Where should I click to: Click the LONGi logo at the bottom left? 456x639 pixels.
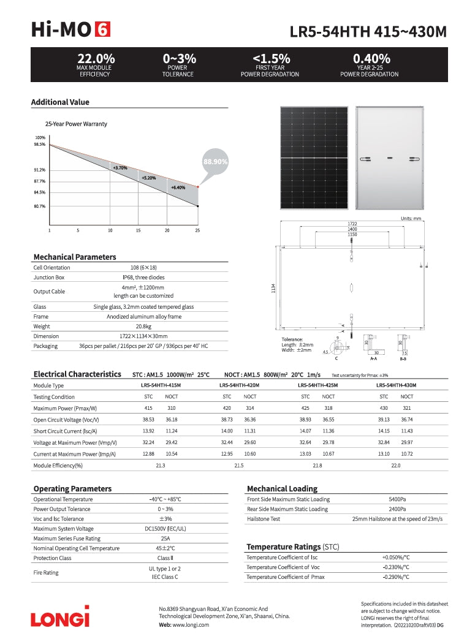pos(60,616)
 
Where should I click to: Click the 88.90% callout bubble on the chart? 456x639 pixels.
pos(215,162)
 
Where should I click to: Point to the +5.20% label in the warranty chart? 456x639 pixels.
pos(148,178)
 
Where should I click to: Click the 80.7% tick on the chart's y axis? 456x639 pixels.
pos(40,206)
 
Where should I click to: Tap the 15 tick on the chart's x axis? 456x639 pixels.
pos(139,230)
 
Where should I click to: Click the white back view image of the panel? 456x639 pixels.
pos(389,157)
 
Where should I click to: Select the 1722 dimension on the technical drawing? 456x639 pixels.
pos(352,224)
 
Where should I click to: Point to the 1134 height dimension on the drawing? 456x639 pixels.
pos(273,289)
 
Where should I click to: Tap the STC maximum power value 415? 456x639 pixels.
pos(148,408)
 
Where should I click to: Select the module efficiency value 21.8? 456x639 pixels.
pos(317,466)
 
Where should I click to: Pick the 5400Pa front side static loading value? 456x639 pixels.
pos(397,499)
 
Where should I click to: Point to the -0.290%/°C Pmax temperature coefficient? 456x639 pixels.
pos(396,577)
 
